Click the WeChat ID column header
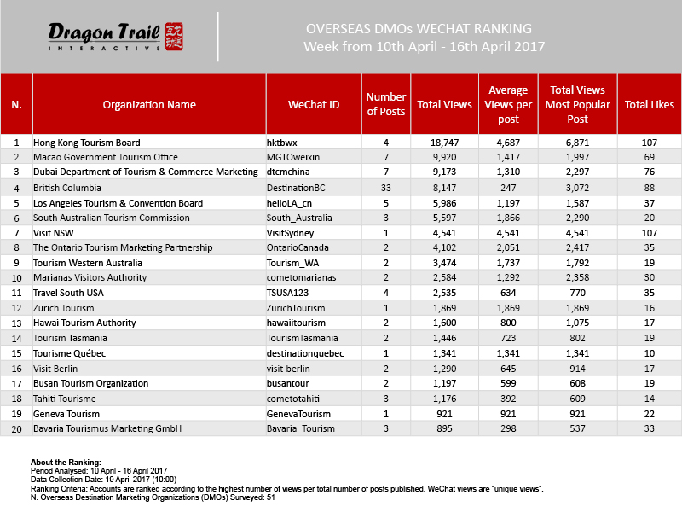tap(315, 105)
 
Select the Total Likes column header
tap(650, 105)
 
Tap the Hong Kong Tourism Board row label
tap(87, 143)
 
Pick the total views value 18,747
tap(444, 143)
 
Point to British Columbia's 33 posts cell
tap(386, 189)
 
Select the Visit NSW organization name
tap(54, 233)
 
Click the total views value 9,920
tap(444, 158)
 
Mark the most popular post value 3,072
tap(578, 189)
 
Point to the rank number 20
tap(16, 428)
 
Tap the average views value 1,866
tap(508, 218)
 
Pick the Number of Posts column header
tap(386, 105)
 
